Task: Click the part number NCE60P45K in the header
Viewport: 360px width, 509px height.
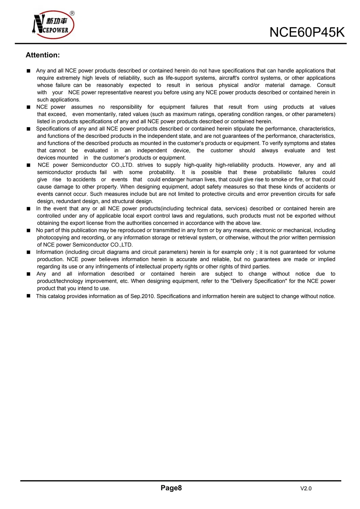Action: pyautogui.click(x=307, y=33)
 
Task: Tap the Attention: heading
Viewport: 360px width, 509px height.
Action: pyautogui.click(x=43, y=55)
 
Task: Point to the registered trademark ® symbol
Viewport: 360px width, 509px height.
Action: pyautogui.click(x=72, y=14)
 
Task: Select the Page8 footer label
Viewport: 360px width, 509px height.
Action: pyautogui.click(x=171, y=488)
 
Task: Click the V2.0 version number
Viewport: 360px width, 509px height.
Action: pyautogui.click(x=306, y=489)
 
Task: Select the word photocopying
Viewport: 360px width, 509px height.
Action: pyautogui.click(x=53, y=238)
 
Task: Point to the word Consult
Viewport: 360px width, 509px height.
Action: pyautogui.click(x=326, y=85)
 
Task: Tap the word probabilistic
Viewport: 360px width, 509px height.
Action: pyautogui.click(x=277, y=172)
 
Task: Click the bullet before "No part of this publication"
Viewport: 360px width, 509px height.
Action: pyautogui.click(x=29, y=231)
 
